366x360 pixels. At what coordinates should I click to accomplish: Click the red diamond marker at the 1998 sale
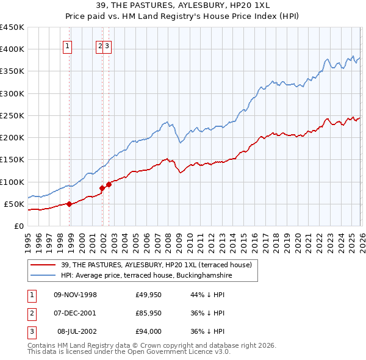69,204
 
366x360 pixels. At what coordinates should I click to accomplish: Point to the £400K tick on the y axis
12,49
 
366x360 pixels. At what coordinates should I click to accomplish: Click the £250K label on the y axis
12,115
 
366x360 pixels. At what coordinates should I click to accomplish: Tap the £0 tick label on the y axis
19,226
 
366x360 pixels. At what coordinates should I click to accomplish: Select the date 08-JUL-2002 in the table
76,331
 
